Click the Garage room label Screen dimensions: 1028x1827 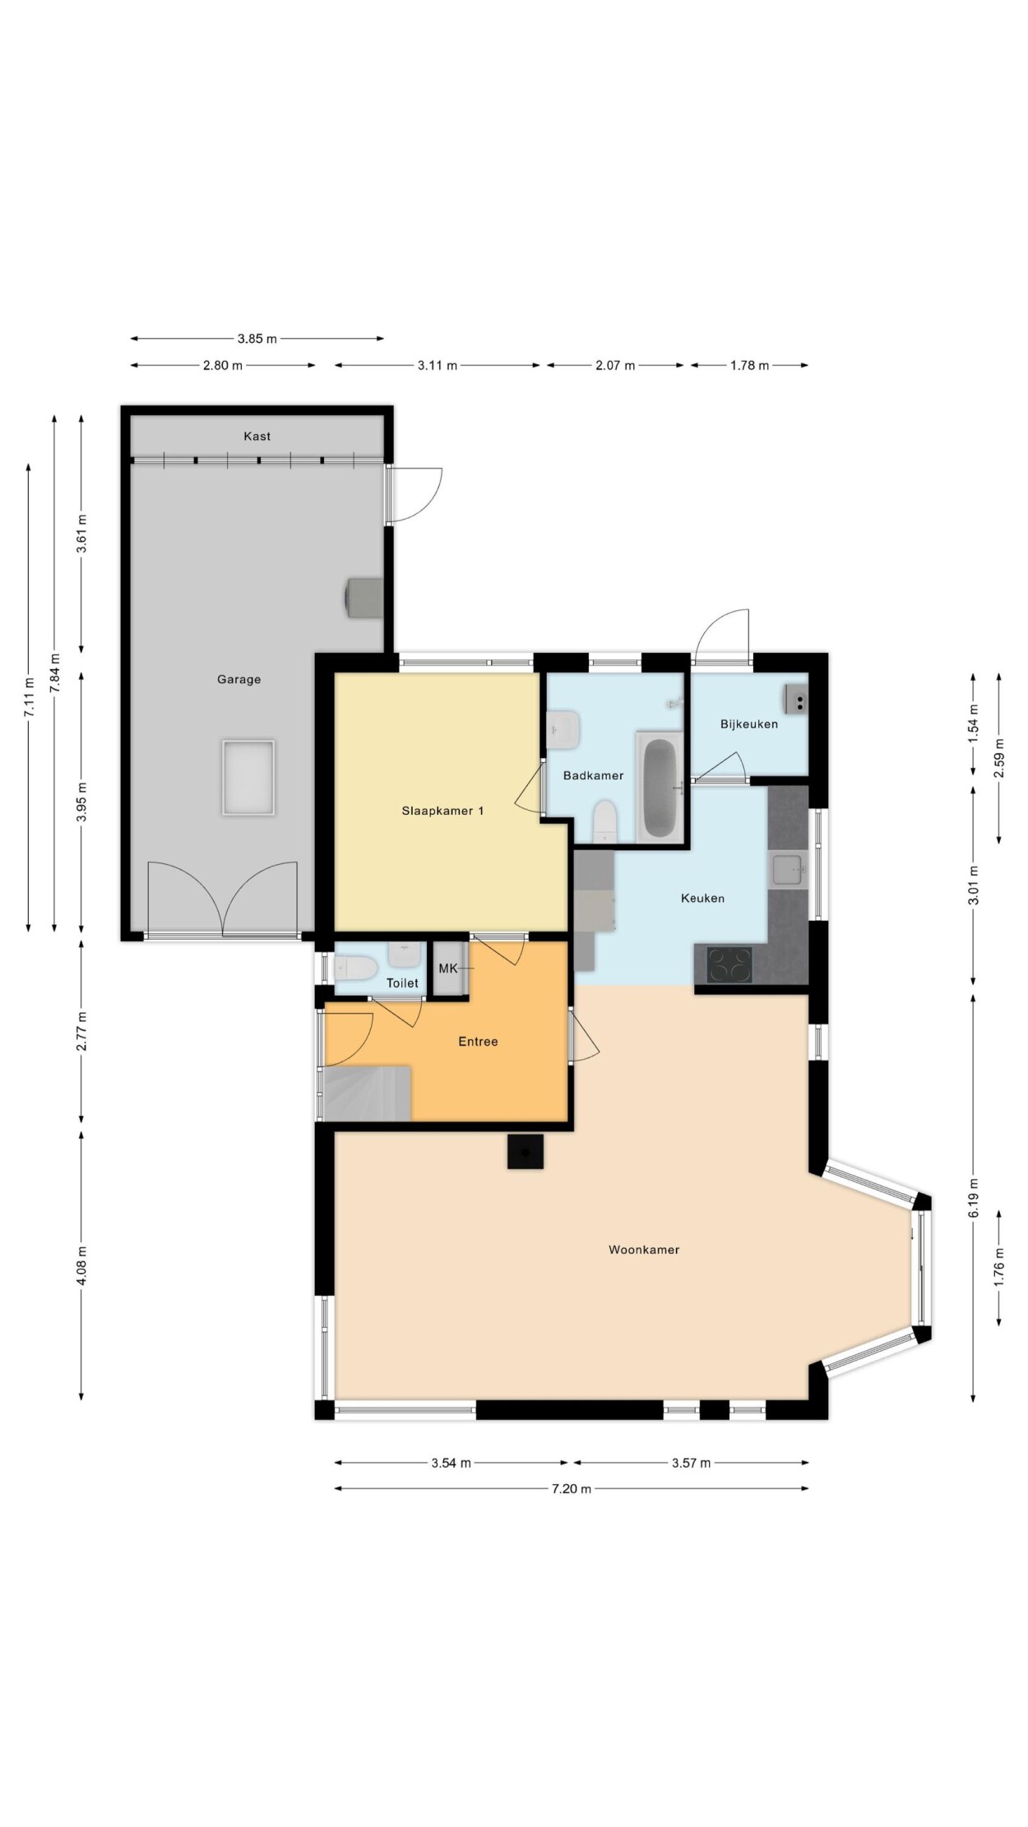[x=238, y=679]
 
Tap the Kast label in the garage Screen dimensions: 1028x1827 [x=257, y=436]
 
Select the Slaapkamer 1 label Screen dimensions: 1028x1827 [x=442, y=811]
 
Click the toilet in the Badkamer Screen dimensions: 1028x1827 [x=605, y=821]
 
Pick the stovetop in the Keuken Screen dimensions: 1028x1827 [x=730, y=964]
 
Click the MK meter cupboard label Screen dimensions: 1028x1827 [x=448, y=969]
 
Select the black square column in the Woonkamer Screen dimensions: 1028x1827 [x=526, y=1151]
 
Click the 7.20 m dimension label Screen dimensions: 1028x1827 [x=571, y=1488]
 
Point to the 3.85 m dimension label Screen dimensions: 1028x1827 [x=257, y=338]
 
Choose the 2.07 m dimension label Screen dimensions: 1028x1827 [x=615, y=365]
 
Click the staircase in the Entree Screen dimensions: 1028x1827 [x=368, y=1093]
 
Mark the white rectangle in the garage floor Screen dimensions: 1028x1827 [x=248, y=778]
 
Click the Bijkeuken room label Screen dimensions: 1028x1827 [x=748, y=724]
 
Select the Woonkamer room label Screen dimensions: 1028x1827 [x=644, y=1250]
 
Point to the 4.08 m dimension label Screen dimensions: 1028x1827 [x=81, y=1265]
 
